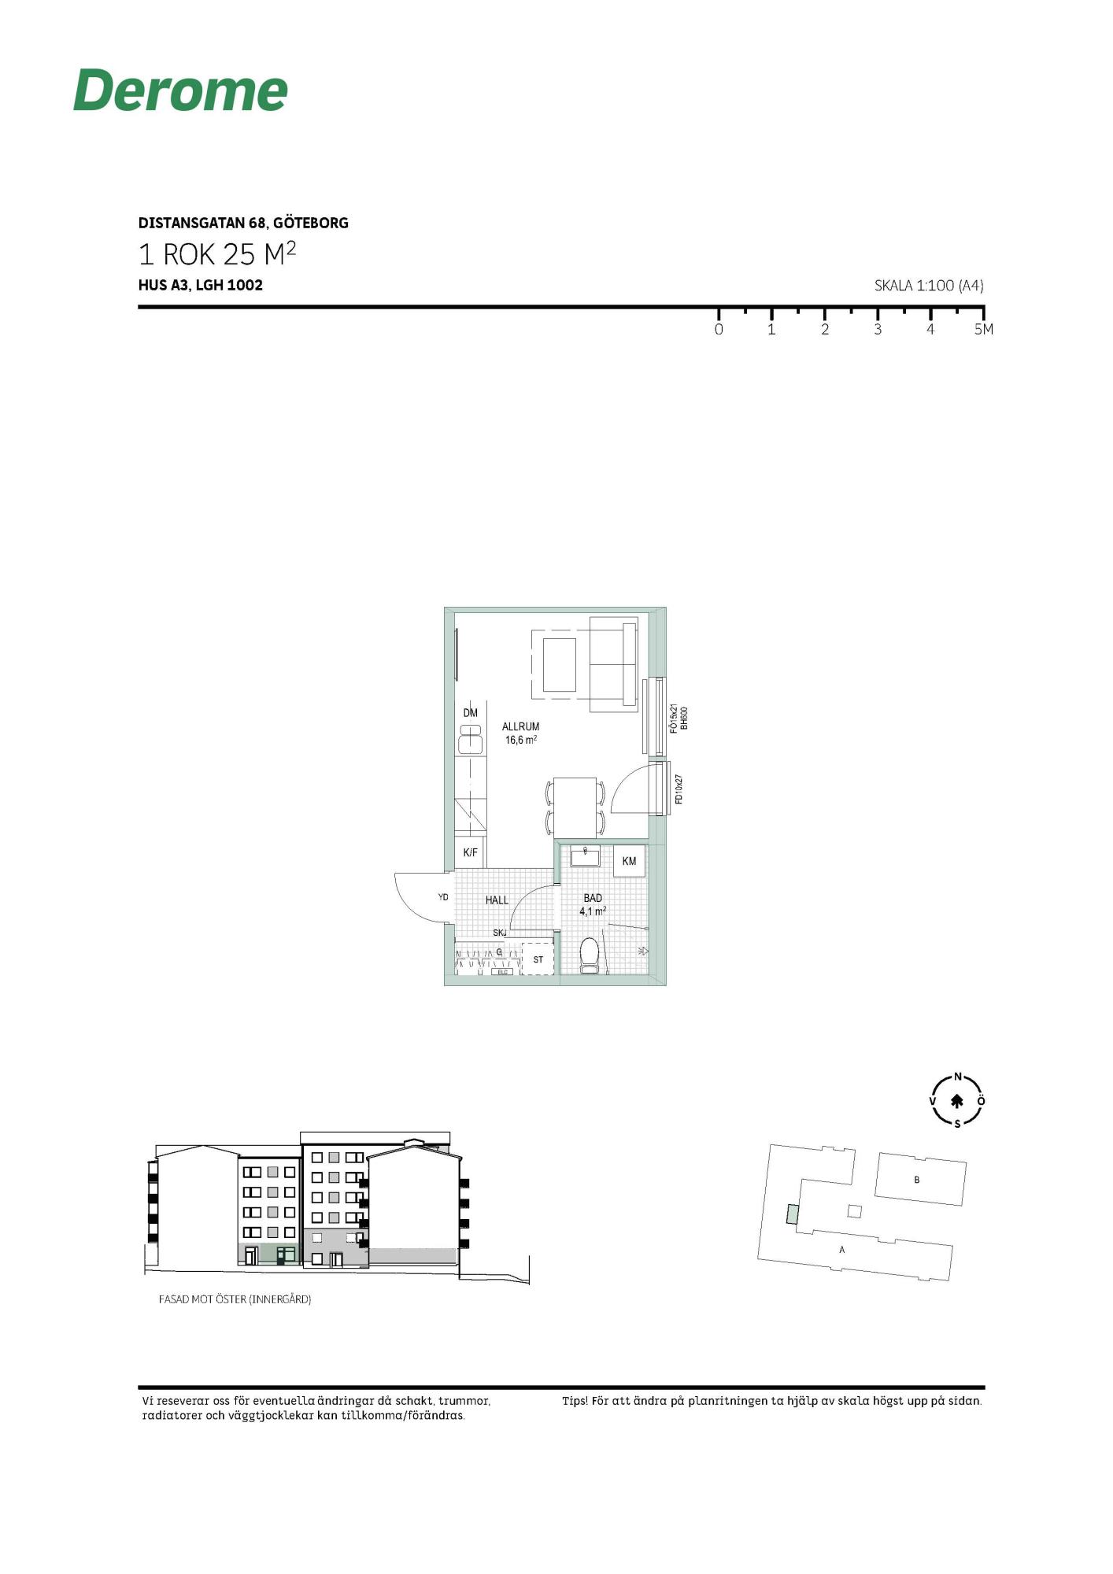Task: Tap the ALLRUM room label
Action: pos(521,726)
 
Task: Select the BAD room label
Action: pos(593,898)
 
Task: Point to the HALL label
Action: pos(497,900)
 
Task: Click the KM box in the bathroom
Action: pos(629,861)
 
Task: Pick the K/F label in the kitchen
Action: pos(470,852)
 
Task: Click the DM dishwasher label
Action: pos(470,713)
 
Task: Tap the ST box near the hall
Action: pos(538,959)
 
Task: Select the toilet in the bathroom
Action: pos(590,955)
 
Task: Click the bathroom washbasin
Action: pos(585,855)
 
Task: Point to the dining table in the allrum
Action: pos(575,807)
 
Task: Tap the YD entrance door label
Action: pos(443,897)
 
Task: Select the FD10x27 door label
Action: pos(679,789)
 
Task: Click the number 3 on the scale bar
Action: pos(878,330)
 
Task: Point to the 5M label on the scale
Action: pos(984,330)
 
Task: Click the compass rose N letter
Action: pos(958,1077)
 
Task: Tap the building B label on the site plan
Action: pos(917,1180)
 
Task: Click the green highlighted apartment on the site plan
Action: pos(793,1214)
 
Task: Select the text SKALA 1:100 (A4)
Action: pos(929,286)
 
